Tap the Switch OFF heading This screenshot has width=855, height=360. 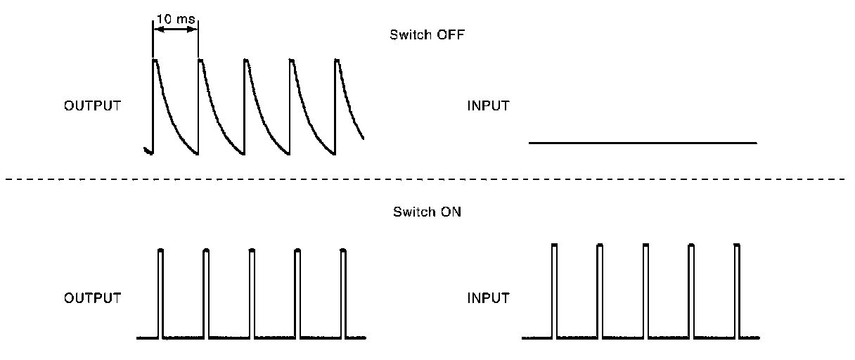pos(427,34)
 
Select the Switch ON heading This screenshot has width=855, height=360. pos(427,212)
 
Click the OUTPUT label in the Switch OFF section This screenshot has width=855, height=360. pos(92,106)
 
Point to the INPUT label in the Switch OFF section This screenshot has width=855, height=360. pos(488,106)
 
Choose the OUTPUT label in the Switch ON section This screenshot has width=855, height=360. pos(92,297)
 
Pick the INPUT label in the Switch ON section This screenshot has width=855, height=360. pos(488,297)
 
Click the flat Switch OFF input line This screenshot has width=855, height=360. pos(642,143)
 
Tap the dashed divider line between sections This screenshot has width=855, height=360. pos(427,179)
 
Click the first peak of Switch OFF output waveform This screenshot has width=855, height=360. pos(155,61)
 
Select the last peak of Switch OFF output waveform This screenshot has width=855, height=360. pos(337,61)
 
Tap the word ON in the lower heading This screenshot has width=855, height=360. pos(451,212)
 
